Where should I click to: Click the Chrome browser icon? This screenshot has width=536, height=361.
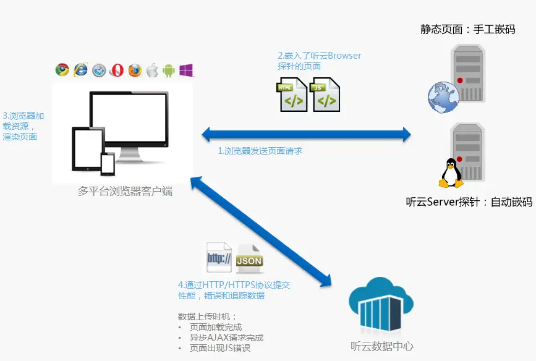62,70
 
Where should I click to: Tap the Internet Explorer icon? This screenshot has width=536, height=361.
80,70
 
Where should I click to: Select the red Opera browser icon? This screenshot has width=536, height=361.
116,70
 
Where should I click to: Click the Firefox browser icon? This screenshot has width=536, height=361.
135,70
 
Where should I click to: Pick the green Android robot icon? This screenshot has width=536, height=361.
168,70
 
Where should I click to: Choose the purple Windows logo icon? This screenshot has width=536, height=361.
186,70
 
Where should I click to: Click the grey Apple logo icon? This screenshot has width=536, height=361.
151,70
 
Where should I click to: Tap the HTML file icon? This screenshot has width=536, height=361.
293,94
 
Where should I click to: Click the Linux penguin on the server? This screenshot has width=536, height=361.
451,172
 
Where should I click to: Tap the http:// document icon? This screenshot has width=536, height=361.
219,258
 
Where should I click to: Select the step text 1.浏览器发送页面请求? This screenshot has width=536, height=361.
260,150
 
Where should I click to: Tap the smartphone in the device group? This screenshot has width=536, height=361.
108,164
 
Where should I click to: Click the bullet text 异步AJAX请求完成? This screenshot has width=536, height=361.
226,338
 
